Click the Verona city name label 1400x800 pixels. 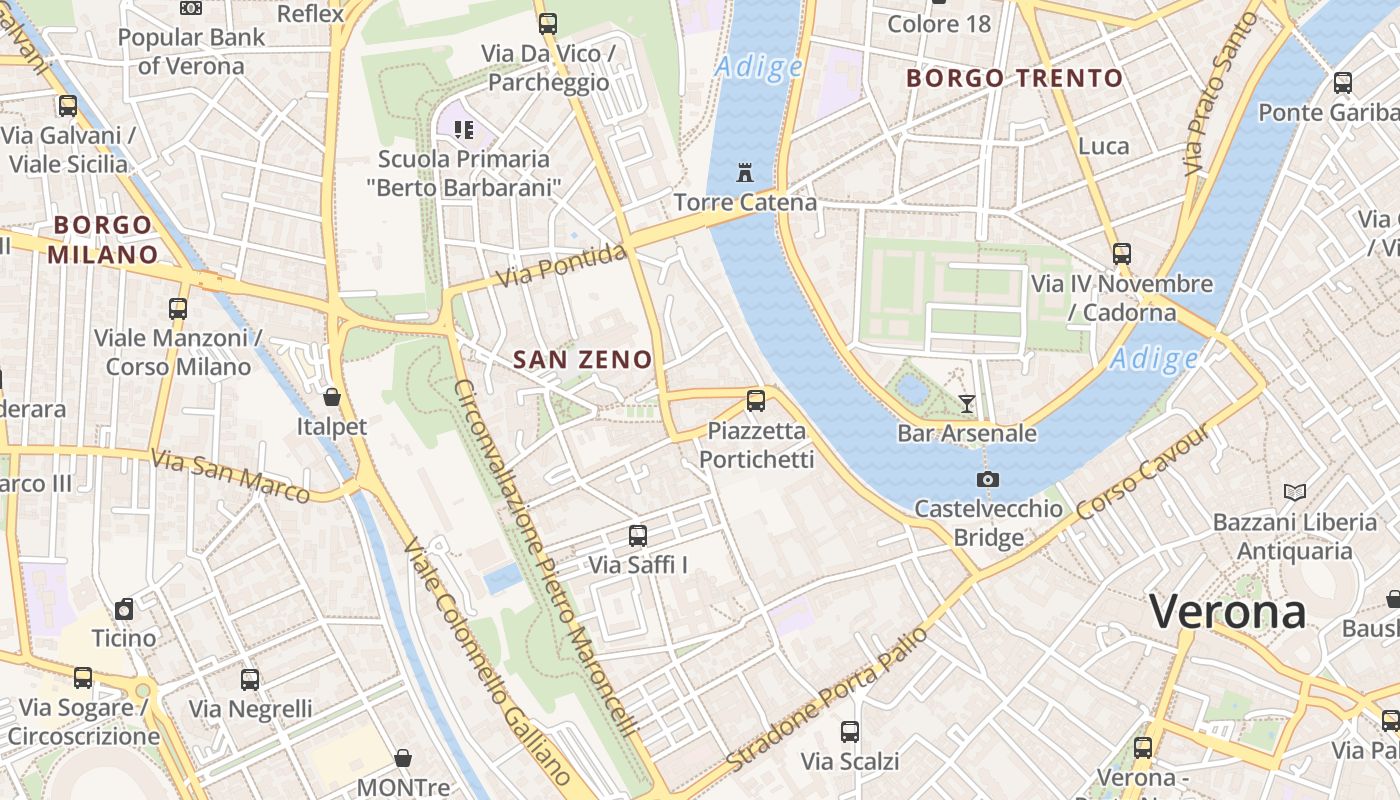click(x=1227, y=611)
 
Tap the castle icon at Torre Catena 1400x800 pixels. click(x=744, y=172)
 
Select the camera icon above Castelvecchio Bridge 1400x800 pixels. click(x=987, y=479)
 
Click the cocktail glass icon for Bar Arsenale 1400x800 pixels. click(x=966, y=403)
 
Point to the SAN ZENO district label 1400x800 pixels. click(x=582, y=360)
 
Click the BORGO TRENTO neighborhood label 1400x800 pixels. click(x=1014, y=78)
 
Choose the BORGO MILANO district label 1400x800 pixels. click(x=103, y=239)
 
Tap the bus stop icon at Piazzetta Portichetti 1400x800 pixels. click(x=756, y=401)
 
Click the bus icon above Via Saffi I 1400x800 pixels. click(x=638, y=535)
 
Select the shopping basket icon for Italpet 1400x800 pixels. click(x=332, y=397)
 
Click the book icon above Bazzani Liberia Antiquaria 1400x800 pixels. click(x=1294, y=492)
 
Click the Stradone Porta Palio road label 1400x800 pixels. click(x=827, y=699)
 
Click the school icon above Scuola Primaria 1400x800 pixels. click(x=463, y=129)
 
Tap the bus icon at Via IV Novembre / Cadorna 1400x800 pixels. click(x=1121, y=254)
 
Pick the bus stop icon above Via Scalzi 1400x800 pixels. click(x=850, y=731)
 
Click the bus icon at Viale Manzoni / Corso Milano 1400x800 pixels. click(x=178, y=308)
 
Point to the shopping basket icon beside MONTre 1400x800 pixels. click(x=403, y=758)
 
